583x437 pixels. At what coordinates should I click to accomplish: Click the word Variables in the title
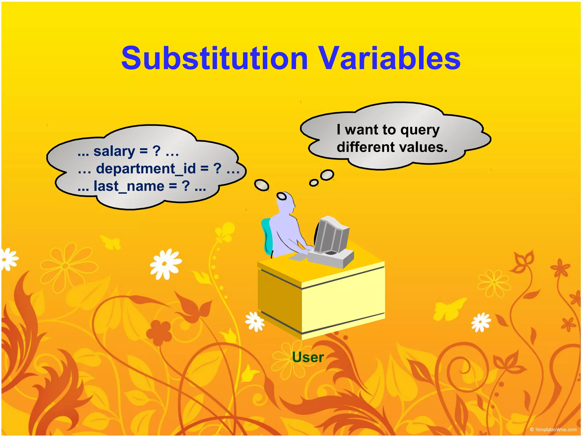point(389,59)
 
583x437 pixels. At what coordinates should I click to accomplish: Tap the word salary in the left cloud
point(114,151)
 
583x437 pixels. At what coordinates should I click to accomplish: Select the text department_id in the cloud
point(146,168)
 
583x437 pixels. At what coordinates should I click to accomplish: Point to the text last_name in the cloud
point(129,186)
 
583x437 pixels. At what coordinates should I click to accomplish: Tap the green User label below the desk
point(308,357)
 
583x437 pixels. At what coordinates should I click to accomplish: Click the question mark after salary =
point(157,151)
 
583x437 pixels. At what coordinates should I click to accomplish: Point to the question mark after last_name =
point(186,186)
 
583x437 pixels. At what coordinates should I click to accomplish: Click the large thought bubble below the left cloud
point(261,185)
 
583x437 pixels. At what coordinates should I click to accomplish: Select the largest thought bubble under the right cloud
point(327,175)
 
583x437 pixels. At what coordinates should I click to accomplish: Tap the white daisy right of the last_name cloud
point(166,264)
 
